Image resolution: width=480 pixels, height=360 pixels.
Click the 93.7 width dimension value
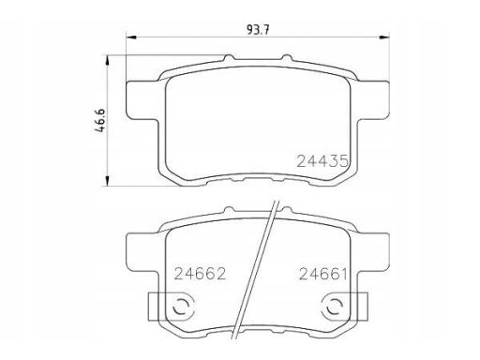(258, 30)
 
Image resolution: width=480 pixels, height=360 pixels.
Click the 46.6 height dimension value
(100, 121)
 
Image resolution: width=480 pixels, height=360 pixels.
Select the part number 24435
(322, 161)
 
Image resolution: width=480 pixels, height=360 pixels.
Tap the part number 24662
(200, 274)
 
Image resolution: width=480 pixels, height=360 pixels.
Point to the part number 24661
(323, 274)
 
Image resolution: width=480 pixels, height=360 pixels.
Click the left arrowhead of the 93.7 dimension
(131, 37)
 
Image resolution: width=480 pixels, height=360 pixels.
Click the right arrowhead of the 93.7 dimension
(384, 37)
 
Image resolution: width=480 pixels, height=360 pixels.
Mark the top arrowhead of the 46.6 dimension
(107, 61)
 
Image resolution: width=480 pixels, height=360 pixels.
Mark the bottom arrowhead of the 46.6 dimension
(107, 181)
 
